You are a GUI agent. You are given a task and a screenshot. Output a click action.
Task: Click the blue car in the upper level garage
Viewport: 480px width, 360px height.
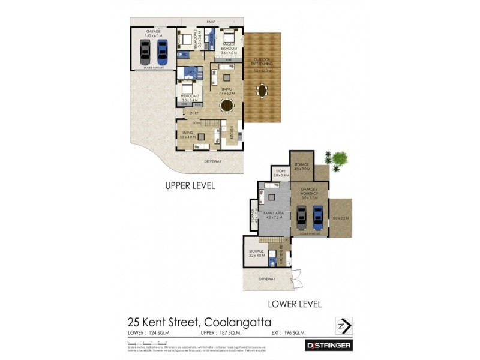(x=162, y=52)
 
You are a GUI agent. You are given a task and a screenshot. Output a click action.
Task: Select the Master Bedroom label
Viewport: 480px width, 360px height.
(x=229, y=46)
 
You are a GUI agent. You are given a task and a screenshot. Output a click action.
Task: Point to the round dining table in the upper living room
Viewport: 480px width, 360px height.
(x=227, y=106)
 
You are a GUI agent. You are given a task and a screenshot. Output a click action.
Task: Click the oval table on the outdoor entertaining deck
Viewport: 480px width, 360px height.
(x=262, y=91)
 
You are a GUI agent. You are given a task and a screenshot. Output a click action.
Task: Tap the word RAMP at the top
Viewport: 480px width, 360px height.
(x=211, y=22)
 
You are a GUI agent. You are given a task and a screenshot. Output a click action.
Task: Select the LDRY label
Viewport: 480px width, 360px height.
(x=190, y=73)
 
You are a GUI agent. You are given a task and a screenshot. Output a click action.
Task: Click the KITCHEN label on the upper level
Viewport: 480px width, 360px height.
(x=231, y=135)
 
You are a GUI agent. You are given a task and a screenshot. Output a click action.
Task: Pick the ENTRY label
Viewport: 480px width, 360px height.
(x=194, y=113)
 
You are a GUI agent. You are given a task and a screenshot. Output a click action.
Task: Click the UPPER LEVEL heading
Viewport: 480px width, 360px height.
(x=190, y=186)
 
